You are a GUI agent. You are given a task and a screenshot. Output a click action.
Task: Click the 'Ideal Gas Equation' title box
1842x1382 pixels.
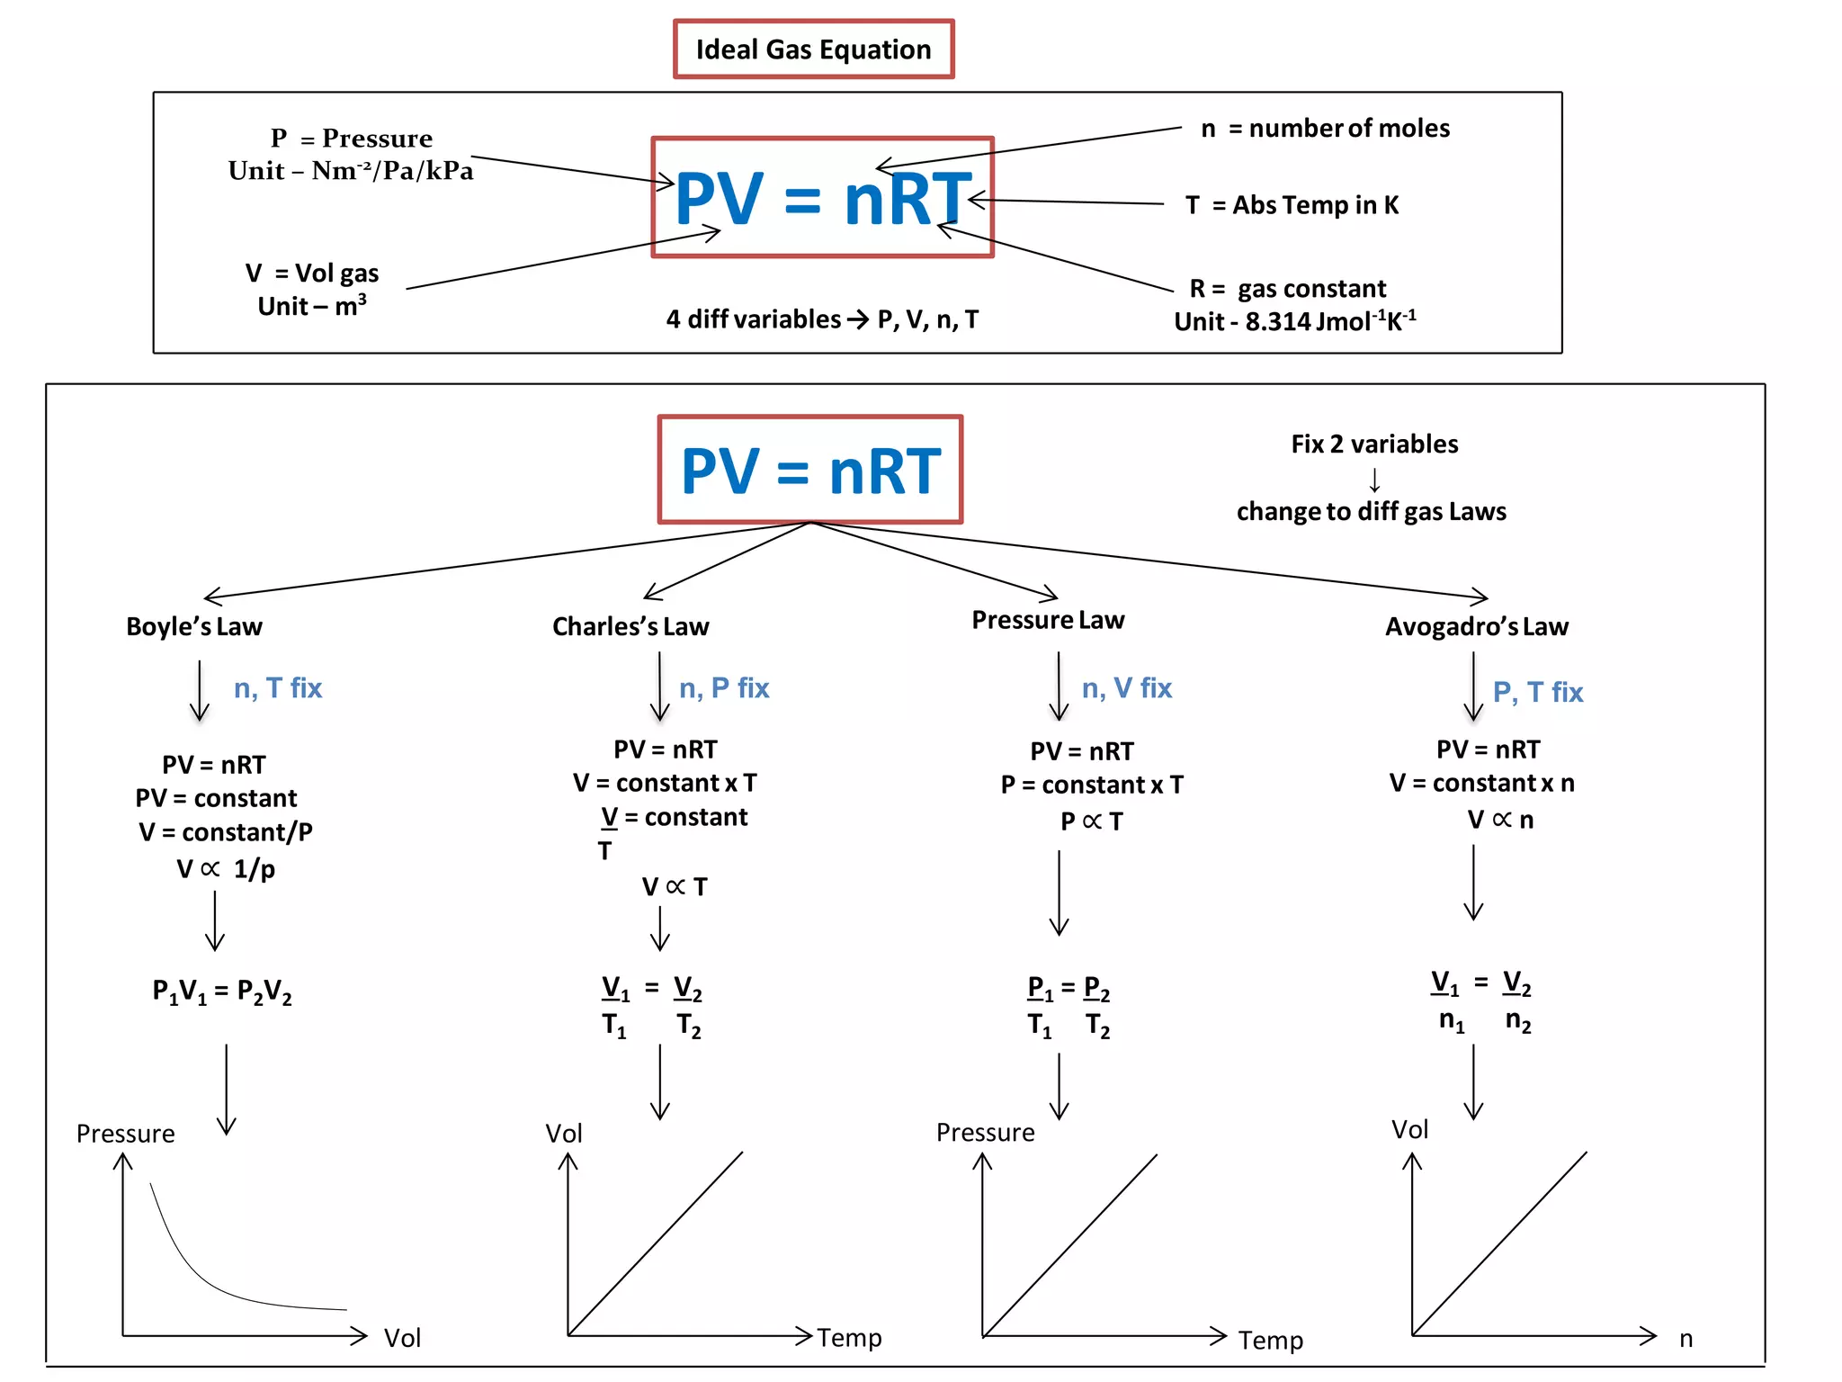(813, 49)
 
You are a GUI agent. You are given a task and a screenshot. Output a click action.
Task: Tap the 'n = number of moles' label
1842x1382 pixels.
(1325, 129)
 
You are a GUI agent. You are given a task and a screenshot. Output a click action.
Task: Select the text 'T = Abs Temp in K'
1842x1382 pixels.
(1292, 205)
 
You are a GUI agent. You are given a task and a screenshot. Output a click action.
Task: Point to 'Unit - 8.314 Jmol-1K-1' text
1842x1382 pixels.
(1294, 321)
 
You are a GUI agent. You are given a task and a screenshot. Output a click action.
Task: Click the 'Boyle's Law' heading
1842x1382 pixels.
(194, 626)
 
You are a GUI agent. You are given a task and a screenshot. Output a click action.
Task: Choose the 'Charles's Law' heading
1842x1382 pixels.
(630, 626)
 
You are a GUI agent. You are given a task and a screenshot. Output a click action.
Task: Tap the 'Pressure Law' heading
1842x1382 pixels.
(1048, 620)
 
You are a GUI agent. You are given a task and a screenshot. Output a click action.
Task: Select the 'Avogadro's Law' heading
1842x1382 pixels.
(1476, 626)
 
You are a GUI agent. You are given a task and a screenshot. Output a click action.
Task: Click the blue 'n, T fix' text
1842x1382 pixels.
(277, 688)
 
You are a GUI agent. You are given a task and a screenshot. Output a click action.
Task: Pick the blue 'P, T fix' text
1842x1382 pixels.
(1537, 692)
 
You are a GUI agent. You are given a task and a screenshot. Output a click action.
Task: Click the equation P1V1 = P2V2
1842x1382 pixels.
(222, 992)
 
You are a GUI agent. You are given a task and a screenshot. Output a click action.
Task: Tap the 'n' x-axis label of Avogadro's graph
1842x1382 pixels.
(1686, 1339)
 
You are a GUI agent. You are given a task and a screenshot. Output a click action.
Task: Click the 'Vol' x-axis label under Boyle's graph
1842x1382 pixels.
(402, 1338)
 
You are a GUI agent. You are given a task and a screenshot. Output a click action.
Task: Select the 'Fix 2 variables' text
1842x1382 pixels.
(1374, 444)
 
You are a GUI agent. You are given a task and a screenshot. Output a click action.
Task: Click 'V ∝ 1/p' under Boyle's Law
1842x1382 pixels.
(226, 869)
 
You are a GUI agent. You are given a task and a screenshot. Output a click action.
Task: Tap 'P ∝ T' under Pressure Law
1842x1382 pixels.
(1091, 821)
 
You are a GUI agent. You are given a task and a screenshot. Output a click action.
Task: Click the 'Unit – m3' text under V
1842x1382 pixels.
(312, 306)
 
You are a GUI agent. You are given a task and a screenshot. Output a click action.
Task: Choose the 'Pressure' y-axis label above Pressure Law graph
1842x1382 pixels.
(985, 1133)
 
